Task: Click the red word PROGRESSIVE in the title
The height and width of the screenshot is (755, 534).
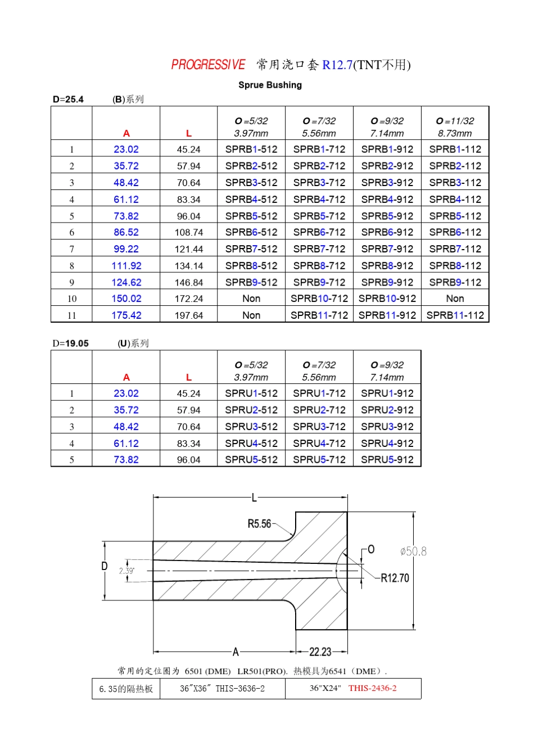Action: pos(208,65)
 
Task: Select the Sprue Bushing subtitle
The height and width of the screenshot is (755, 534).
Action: pos(270,85)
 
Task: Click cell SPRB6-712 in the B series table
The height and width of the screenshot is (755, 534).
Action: pos(319,232)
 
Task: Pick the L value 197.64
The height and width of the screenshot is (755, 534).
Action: pos(189,315)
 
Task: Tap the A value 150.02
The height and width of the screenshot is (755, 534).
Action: pos(126,299)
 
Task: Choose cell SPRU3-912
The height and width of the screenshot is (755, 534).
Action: pos(387,427)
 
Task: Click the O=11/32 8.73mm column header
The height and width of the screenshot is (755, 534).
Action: pos(455,127)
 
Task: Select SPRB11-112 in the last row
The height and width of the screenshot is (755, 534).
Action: pos(455,315)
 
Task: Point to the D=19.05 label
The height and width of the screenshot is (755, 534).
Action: pos(71,343)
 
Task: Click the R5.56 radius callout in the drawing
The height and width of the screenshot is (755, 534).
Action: pos(259,524)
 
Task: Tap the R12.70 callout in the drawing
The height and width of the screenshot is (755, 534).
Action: pos(395,578)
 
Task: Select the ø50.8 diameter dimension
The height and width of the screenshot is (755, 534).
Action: pos(413,551)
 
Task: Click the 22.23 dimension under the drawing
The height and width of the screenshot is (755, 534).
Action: pos(320,652)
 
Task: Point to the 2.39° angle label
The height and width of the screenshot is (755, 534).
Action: pos(126,571)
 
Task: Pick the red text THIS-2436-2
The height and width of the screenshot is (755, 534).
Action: pos(372,688)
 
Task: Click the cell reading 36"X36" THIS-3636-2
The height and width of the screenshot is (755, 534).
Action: pos(222,689)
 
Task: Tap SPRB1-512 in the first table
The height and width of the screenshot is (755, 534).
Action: pos(251,150)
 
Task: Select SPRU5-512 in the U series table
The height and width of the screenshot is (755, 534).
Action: pos(251,460)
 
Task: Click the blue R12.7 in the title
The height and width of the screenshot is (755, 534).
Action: pos(337,65)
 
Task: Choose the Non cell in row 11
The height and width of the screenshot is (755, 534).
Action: pos(251,315)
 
